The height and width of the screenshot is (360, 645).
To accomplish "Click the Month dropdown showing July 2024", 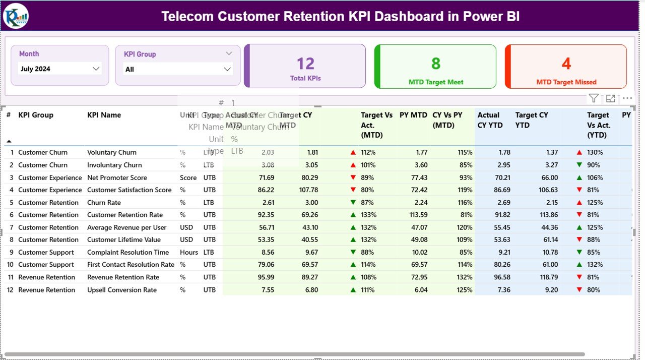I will coord(59,69).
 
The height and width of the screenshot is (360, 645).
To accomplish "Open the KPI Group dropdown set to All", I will coord(178,69).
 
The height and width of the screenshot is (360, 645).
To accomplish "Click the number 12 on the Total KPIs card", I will coord(305,64).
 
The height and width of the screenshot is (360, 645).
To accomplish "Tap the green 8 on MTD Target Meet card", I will coord(436,64).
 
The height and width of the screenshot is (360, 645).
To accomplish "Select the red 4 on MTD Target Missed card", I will coord(566,64).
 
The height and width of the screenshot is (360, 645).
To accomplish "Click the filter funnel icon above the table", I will coord(594,99).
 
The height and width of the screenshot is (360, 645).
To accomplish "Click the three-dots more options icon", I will coord(627,99).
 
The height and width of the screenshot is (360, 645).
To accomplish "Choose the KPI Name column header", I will coord(104,115).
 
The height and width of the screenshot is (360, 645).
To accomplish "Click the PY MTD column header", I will coord(413,115).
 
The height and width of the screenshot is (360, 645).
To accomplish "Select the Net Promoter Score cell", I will coord(117,177).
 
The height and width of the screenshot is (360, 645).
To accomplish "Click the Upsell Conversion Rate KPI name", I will coord(121,290).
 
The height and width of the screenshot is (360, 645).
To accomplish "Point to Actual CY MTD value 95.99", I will coord(266,277).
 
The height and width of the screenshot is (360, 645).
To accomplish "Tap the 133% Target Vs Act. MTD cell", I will coord(368,215).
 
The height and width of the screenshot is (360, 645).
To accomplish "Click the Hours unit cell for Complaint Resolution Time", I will coord(189,252).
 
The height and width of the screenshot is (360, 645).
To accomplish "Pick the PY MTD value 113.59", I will coord(417,215).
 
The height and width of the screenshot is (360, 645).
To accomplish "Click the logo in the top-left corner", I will coord(16,16).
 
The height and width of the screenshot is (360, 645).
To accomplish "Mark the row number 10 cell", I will coord(10,265).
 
